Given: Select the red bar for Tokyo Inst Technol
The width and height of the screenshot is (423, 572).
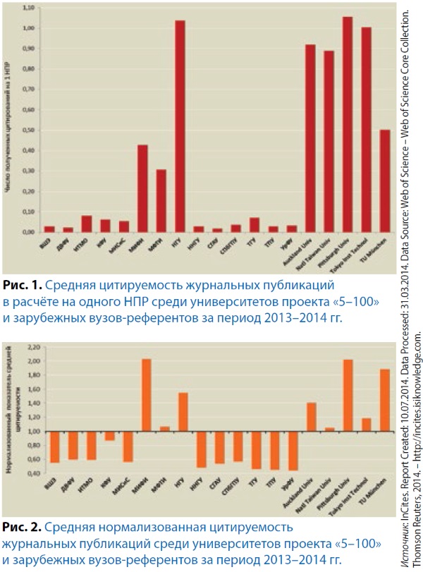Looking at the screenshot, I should tap(366, 130).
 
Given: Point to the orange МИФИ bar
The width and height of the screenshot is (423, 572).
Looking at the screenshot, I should tap(146, 395).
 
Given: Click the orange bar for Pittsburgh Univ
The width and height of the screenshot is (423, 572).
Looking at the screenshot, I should tap(348, 396).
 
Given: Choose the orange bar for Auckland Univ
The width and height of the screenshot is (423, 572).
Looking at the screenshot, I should tap(311, 417).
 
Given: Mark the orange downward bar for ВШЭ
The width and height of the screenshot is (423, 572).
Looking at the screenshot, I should tap(54, 446).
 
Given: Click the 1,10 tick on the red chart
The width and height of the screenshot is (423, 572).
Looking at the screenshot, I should tap(29, 8).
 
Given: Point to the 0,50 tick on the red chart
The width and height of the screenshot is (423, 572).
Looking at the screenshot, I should tap(29, 130).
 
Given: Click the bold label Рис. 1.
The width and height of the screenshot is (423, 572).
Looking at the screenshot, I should tap(22, 286).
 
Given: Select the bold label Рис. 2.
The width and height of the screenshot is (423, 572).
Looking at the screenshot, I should tap(22, 528).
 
